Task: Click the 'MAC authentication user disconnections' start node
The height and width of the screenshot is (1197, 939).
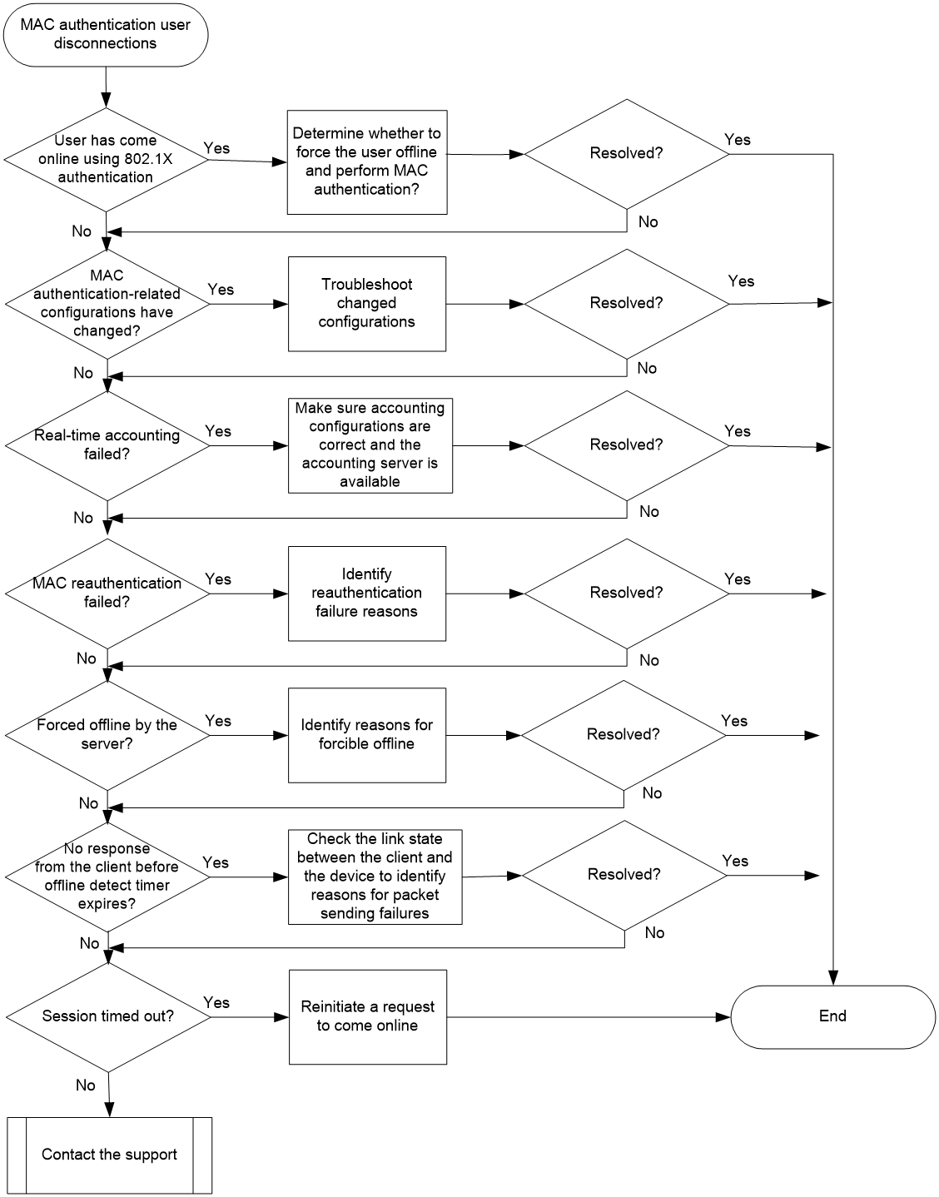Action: [x=106, y=35]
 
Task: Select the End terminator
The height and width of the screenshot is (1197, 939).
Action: [x=832, y=1017]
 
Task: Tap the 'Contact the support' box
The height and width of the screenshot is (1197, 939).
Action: [x=110, y=1155]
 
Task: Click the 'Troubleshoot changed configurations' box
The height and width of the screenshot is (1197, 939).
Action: [x=367, y=304]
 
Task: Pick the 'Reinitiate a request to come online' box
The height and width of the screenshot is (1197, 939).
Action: [x=368, y=1017]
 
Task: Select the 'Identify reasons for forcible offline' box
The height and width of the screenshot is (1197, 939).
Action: [x=367, y=735]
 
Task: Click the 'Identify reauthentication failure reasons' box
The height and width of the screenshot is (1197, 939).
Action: [x=367, y=594]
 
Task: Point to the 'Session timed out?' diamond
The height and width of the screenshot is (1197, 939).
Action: [x=108, y=1017]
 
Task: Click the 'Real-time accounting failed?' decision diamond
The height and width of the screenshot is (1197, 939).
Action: [x=107, y=445]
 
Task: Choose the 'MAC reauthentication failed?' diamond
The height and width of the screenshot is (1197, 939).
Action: [x=107, y=594]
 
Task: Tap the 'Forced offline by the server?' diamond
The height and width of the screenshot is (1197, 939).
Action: [x=107, y=735]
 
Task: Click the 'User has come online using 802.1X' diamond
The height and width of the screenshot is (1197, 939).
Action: [x=106, y=160]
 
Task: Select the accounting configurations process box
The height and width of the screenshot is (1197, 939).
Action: [x=370, y=445]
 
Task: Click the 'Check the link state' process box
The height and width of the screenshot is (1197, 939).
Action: [x=375, y=877]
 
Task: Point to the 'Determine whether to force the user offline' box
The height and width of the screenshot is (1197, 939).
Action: [x=367, y=162]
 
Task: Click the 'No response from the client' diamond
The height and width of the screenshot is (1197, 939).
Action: [x=107, y=877]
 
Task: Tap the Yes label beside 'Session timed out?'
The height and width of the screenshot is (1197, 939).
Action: [x=216, y=1002]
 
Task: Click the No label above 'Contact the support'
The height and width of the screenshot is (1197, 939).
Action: [x=86, y=1085]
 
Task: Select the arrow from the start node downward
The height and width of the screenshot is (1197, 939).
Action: [x=106, y=87]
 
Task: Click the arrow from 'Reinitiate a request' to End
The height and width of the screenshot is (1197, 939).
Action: [x=589, y=1017]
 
